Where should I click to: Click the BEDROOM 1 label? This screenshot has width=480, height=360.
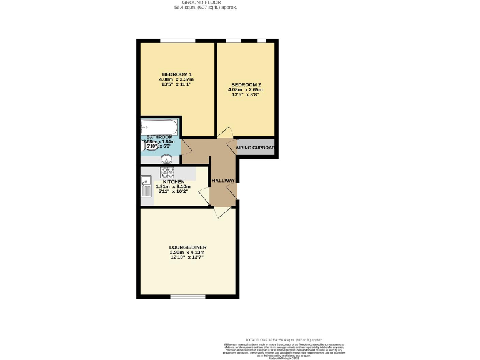pos(177,74)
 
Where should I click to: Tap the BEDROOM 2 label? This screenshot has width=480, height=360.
pos(246,84)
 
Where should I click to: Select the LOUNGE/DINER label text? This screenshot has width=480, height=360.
pos(187,247)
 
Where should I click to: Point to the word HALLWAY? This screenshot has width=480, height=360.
pos(223,181)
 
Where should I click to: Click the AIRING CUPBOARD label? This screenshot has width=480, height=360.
pos(256,148)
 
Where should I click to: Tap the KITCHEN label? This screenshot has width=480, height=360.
pos(174,182)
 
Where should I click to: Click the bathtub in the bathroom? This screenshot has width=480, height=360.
pos(159,127)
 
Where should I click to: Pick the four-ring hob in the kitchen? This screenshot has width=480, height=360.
pos(167,171)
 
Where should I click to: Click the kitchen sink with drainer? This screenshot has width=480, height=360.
pos(146,187)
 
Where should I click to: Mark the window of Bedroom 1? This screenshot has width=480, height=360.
pos(177,41)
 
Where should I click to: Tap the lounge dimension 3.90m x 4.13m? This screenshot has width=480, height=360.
pos(187,252)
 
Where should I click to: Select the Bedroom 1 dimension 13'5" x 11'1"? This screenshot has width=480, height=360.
pos(177,84)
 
